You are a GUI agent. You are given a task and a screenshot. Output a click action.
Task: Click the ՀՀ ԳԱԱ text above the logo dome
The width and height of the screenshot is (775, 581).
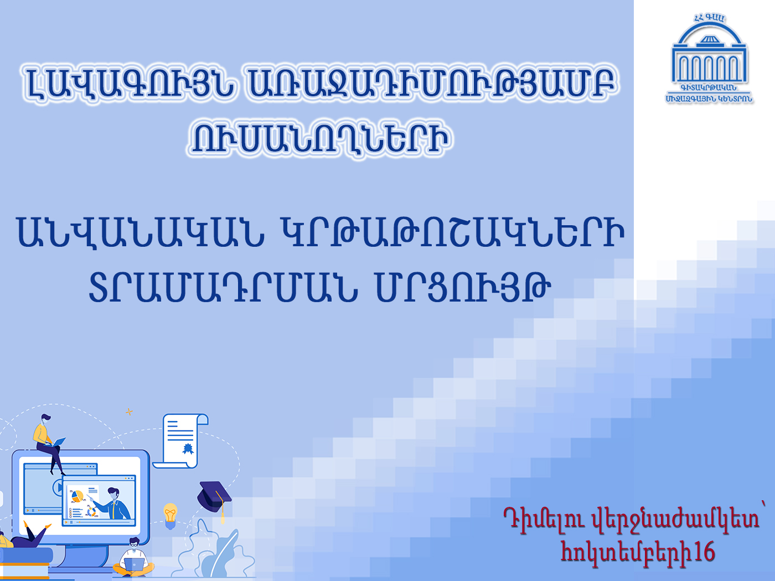pos(709,18)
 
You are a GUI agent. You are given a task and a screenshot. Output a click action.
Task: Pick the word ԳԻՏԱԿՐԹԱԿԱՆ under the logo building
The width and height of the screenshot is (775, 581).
pos(709,88)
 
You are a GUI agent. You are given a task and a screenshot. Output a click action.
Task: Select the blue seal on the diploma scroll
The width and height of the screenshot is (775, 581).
pos(188,449)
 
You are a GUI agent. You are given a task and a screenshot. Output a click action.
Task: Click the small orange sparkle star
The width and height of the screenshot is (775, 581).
pos(129,412)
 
